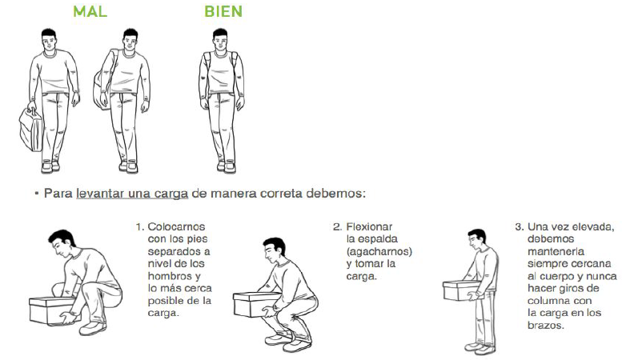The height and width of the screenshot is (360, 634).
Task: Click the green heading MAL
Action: coord(90,11)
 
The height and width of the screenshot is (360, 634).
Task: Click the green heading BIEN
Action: coord(223,11)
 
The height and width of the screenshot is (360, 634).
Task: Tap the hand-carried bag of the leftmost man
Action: coord(31,130)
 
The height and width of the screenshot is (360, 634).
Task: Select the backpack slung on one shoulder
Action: coord(100,88)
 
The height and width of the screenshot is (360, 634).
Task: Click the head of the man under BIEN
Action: coord(220,40)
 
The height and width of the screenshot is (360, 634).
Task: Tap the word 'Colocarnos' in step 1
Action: coord(176,226)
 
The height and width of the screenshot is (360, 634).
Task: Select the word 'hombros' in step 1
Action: coord(171,276)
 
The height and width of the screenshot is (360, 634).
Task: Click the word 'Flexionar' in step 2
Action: coord(369,226)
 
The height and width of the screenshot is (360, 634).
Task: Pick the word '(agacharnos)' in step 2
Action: coord(379,252)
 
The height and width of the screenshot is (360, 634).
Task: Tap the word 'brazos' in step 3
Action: coord(545,326)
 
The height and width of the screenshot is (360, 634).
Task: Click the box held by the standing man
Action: coord(460,290)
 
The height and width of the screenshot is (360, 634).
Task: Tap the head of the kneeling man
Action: coord(62,243)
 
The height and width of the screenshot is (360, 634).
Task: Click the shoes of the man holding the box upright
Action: coord(480,347)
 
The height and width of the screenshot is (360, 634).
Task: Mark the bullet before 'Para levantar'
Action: coord(36,194)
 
